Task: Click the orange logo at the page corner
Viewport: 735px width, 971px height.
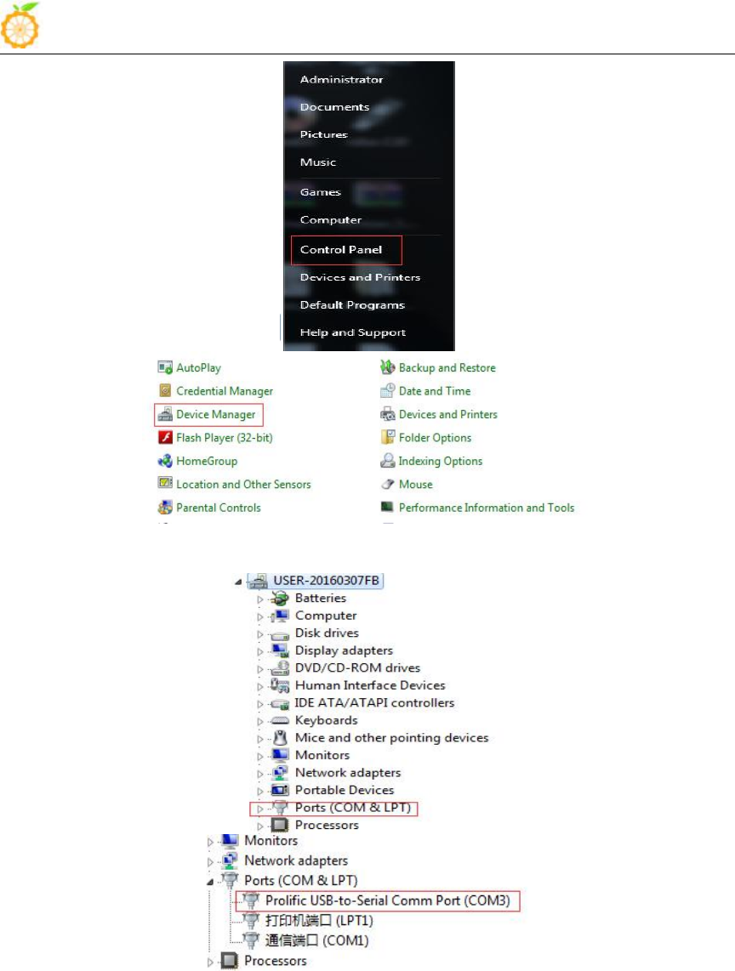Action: [x=21, y=26]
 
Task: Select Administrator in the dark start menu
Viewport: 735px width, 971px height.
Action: [x=341, y=80]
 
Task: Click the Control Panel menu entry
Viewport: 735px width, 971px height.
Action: [x=341, y=250]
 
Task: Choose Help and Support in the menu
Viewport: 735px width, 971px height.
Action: [x=352, y=332]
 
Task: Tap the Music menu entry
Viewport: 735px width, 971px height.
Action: [x=318, y=162]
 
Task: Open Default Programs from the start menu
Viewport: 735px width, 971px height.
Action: [x=352, y=305]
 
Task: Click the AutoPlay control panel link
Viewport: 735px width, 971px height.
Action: [x=198, y=368]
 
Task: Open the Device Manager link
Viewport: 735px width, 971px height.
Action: [x=215, y=415]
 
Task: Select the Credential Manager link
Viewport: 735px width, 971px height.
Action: [x=224, y=391]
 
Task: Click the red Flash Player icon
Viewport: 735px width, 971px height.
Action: [x=165, y=438]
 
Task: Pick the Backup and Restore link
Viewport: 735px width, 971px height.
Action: [x=447, y=368]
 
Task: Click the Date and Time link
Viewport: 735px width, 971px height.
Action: [x=434, y=391]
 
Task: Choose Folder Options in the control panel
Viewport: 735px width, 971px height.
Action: [x=435, y=438]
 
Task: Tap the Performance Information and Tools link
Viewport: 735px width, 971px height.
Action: [x=486, y=508]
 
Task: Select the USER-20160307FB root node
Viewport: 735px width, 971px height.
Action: [x=327, y=581]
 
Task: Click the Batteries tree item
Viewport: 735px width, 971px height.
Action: [x=320, y=599]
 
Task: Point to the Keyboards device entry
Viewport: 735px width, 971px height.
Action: [x=326, y=720]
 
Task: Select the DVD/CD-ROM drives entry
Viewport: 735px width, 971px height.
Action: [x=357, y=668]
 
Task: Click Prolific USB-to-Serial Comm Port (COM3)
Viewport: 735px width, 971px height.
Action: [x=387, y=900]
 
